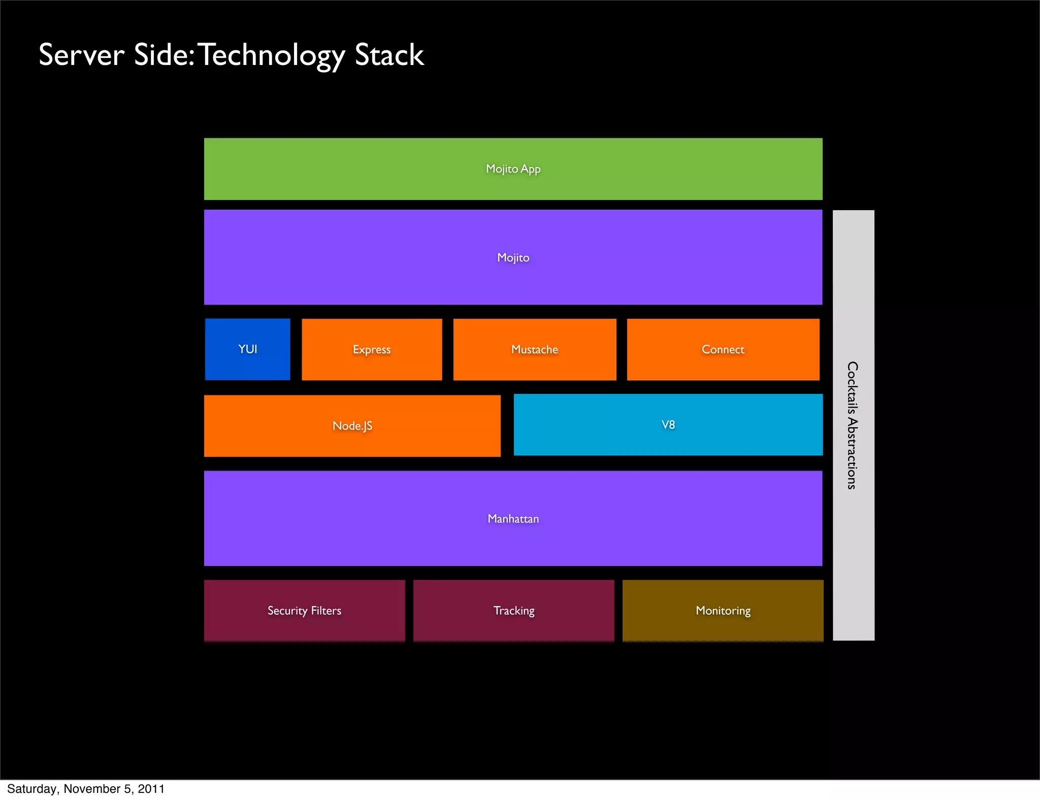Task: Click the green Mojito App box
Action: click(513, 169)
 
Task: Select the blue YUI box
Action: click(247, 349)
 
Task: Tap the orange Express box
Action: click(372, 349)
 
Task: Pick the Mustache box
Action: click(534, 349)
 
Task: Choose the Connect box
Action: click(723, 349)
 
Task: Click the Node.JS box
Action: click(352, 426)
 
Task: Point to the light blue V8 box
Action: click(668, 425)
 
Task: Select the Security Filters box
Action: click(304, 611)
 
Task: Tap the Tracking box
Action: click(513, 611)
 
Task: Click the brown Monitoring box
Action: click(723, 611)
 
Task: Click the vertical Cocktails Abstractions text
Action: click(853, 425)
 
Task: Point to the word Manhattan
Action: click(513, 519)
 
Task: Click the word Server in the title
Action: click(81, 55)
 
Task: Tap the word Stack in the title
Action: click(389, 55)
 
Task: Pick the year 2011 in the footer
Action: click(151, 789)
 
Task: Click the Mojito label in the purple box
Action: click(513, 258)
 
